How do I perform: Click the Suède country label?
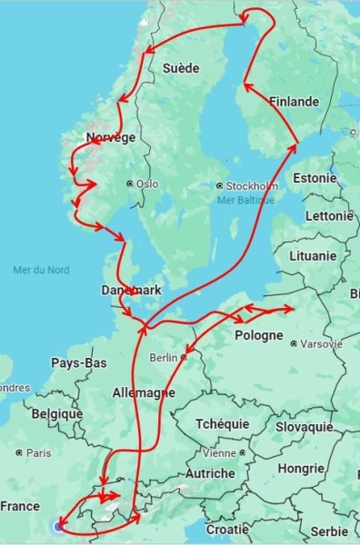(181, 68)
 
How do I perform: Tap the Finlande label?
(293, 102)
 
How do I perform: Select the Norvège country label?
(111, 137)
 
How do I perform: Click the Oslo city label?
(145, 183)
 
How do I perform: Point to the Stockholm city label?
(251, 185)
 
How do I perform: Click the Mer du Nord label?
(42, 270)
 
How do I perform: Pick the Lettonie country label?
(329, 216)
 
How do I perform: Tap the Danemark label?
(131, 291)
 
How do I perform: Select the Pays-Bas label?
(79, 363)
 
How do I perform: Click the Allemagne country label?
(143, 393)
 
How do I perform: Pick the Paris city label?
(38, 452)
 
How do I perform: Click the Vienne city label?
(219, 453)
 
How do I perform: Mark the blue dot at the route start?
(59, 526)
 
